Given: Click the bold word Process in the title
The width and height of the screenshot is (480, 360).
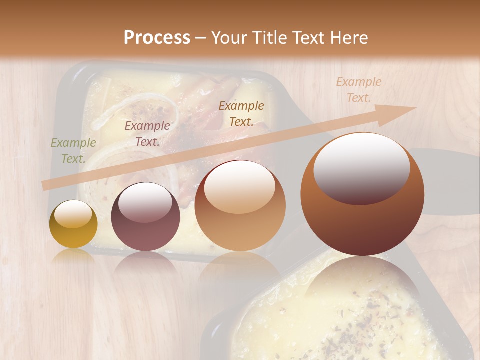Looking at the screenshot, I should pyautogui.click(x=157, y=38).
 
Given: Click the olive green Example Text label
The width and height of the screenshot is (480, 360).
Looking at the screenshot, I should pyautogui.click(x=73, y=151).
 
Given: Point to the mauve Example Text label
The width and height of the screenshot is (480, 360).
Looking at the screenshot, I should pyautogui.click(x=147, y=134).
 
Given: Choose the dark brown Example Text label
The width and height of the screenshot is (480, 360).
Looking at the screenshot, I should pyautogui.click(x=241, y=114).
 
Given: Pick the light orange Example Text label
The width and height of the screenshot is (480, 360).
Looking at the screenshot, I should pyautogui.click(x=358, y=90).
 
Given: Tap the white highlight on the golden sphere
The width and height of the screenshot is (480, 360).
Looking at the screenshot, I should pyautogui.click(x=73, y=214).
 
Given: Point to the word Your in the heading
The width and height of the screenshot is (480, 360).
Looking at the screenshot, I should pyautogui.click(x=228, y=38).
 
